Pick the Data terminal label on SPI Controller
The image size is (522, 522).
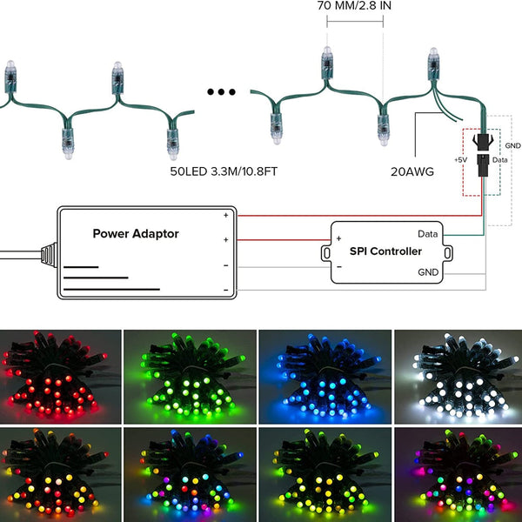pos(427,234)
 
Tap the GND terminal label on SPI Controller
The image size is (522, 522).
pos(427,272)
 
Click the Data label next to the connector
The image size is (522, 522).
pos(499,161)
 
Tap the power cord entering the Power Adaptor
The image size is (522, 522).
pos(22,255)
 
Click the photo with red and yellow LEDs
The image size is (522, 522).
pos(59,473)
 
